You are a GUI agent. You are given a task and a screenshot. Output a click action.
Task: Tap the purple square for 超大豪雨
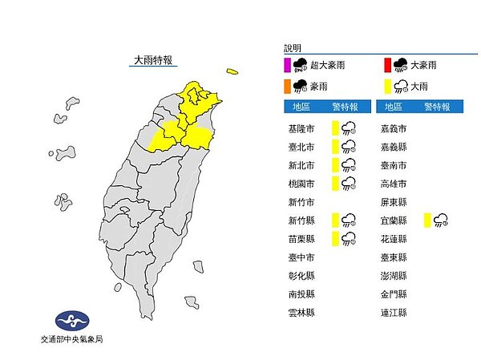point(287,66)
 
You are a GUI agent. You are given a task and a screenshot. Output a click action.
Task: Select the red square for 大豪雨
point(386,66)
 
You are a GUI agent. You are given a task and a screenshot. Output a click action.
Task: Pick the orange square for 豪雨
point(287,85)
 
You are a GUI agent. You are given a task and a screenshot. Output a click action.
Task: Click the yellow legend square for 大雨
point(386,85)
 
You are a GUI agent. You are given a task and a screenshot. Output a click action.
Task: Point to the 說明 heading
point(293,49)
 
